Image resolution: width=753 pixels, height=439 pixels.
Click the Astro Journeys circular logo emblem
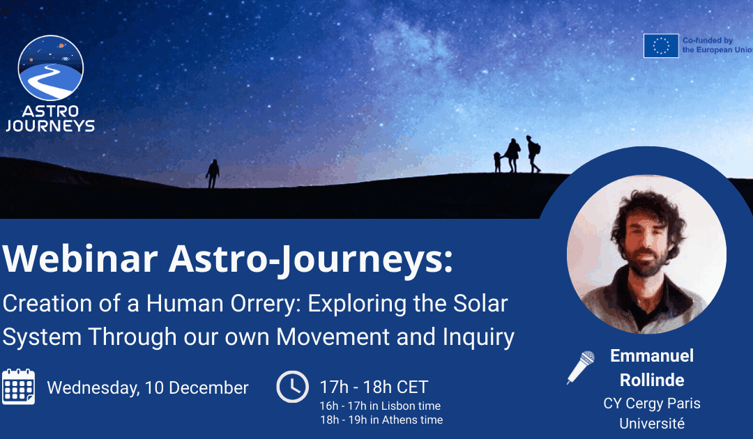[50, 68]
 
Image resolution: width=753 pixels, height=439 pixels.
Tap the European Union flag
[660, 46]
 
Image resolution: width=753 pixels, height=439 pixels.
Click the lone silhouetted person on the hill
[213, 174]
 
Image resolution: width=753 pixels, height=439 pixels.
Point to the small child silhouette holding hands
[498, 162]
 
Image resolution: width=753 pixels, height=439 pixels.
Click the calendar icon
[18, 387]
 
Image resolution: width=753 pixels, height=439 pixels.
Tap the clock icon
[292, 387]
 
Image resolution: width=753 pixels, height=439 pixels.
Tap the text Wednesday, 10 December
[147, 388]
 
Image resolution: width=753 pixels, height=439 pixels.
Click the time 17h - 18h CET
[373, 387]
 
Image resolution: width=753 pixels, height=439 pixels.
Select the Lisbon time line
[379, 406]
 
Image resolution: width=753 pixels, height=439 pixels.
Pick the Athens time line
[381, 419]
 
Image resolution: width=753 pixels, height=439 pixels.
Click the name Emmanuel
[652, 356]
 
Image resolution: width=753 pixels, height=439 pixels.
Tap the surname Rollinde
[652, 379]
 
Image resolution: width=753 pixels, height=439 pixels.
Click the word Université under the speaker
[652, 423]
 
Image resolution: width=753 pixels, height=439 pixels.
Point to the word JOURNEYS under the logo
[50, 126]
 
